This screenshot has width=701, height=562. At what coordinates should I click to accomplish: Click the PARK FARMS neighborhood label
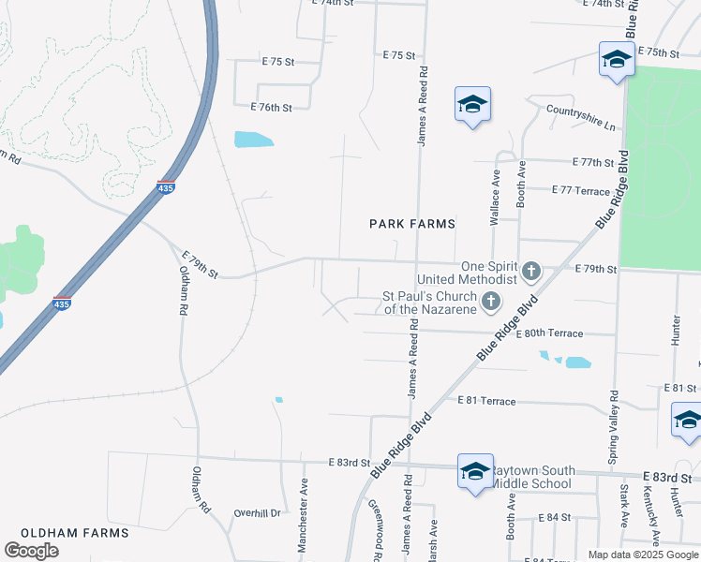(x=412, y=224)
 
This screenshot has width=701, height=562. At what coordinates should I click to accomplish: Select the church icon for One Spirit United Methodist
(x=530, y=272)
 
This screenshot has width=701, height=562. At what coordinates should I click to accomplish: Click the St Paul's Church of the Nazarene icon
(x=490, y=302)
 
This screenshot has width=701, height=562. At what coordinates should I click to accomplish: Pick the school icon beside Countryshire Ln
(x=472, y=105)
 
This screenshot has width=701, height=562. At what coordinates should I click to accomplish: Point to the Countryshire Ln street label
(x=581, y=116)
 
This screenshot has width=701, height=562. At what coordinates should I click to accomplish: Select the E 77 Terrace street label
(x=581, y=190)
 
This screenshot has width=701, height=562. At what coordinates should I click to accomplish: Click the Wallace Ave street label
(x=495, y=198)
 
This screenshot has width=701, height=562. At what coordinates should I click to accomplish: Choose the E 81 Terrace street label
(x=486, y=401)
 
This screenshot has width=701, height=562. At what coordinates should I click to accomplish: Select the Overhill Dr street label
(x=258, y=513)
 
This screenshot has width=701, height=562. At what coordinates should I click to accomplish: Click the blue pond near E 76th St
(x=253, y=140)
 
